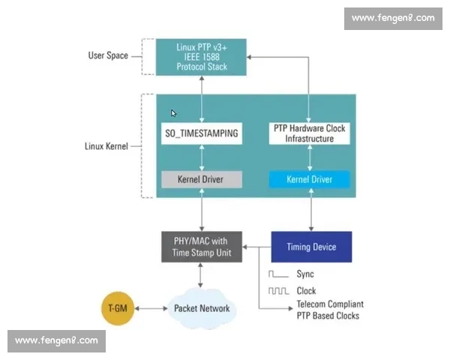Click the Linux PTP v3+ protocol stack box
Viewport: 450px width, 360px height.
point(201,56)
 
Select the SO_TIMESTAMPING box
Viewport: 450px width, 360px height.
point(201,134)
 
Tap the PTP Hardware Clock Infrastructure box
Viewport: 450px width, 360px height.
point(309,133)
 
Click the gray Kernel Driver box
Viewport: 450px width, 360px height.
point(201,180)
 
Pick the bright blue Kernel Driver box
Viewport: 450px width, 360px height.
point(309,180)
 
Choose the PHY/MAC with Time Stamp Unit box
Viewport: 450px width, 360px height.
point(201,247)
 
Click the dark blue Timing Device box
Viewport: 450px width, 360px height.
point(310,247)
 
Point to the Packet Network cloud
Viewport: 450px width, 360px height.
point(201,307)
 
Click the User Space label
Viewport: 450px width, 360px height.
point(108,55)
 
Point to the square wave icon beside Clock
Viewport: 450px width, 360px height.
point(278,290)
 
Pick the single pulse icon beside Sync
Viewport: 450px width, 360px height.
point(278,274)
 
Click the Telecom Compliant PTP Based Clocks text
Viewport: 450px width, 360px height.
point(330,310)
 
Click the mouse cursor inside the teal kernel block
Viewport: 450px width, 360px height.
point(174,114)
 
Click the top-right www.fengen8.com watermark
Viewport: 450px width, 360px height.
point(392,17)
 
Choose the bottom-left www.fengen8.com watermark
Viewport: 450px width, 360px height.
point(56,341)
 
